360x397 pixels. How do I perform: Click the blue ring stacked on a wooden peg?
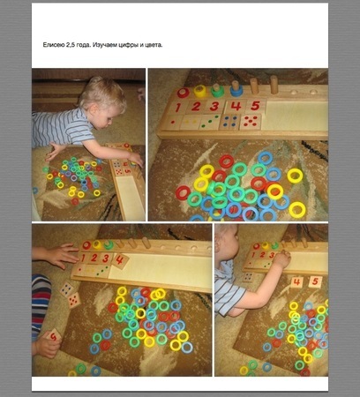pos(236,92)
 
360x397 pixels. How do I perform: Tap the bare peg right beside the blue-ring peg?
pos(254,86)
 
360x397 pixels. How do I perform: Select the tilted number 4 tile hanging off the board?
pos(120,260)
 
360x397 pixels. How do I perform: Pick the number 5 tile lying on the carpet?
pos(315,282)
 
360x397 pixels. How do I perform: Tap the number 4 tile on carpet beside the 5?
pos(296,282)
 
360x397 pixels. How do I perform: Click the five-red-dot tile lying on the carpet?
pos(74,300)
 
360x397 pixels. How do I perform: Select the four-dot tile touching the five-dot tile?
pos(67,289)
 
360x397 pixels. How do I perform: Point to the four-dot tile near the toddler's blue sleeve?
pos(249,277)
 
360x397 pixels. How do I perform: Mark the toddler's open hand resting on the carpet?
pos(56,152)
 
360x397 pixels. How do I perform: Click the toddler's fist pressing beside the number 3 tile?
pos(281,259)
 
